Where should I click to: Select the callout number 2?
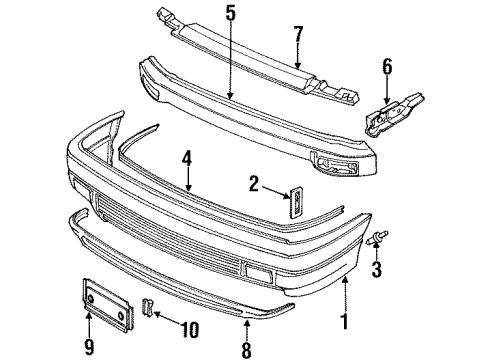click(x=254, y=184)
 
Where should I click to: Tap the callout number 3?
click(x=376, y=269)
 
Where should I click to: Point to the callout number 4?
click(x=187, y=159)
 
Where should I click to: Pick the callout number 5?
click(x=230, y=13)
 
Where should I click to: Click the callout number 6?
click(x=387, y=67)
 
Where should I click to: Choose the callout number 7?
click(x=298, y=34)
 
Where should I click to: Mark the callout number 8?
click(x=246, y=350)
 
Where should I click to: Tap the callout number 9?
click(x=89, y=347)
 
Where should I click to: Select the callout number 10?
click(x=189, y=330)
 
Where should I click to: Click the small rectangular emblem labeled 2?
click(x=296, y=202)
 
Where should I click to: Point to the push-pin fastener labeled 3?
click(x=377, y=237)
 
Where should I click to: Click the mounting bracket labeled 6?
click(x=394, y=114)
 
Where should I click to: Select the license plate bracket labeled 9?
click(x=108, y=304)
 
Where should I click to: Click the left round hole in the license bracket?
click(x=91, y=298)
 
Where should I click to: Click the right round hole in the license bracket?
click(x=121, y=315)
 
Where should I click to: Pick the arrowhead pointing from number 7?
click(x=298, y=65)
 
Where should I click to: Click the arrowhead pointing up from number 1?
click(x=345, y=281)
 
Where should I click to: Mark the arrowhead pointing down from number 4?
click(x=188, y=189)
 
